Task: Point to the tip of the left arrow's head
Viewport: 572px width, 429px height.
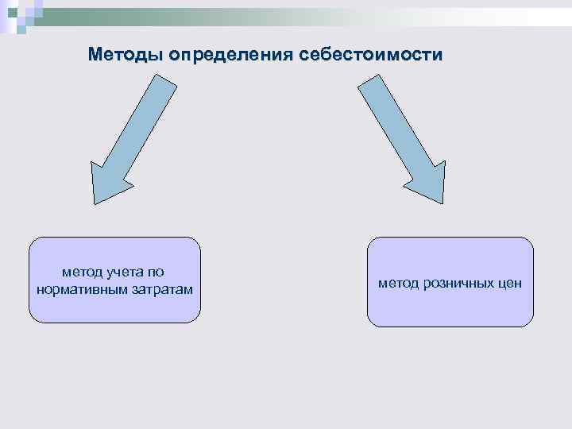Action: [97, 203]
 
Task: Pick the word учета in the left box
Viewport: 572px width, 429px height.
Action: [120, 272]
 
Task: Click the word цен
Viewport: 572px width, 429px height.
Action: [509, 283]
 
